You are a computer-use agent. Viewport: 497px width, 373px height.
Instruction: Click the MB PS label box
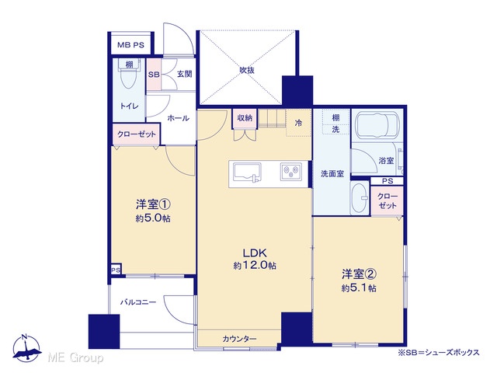coord(130,44)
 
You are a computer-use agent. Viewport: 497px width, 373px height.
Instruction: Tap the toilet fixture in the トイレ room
coord(129,74)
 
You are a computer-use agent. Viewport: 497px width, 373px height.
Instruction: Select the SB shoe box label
coord(154,75)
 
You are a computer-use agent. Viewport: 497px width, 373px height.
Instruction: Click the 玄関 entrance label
coord(184,75)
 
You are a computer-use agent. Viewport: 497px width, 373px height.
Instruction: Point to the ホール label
coord(178,118)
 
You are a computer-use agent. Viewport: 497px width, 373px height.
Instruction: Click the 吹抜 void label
coord(247,70)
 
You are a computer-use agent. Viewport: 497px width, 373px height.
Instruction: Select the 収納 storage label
coord(245,118)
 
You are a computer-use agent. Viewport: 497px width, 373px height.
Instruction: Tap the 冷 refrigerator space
coord(298,123)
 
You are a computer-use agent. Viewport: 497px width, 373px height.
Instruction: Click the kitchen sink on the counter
coord(247,173)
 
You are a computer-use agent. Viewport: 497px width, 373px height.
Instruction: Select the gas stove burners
coord(290,172)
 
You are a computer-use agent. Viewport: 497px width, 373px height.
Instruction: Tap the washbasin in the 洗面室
coord(360,198)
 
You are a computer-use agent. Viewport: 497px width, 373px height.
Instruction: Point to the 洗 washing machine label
coord(335,130)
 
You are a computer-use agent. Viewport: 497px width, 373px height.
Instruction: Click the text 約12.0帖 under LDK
coord(255,265)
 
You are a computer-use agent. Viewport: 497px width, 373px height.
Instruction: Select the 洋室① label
coord(153,204)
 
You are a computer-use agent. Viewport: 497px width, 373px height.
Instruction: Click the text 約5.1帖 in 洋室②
coord(359,288)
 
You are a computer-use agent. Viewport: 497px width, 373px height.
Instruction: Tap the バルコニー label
coord(138,302)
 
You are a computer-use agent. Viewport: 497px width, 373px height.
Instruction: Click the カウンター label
coord(239,339)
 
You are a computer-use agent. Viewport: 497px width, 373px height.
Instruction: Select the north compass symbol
coord(26,348)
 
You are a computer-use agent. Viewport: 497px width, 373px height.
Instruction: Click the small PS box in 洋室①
coord(116,270)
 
